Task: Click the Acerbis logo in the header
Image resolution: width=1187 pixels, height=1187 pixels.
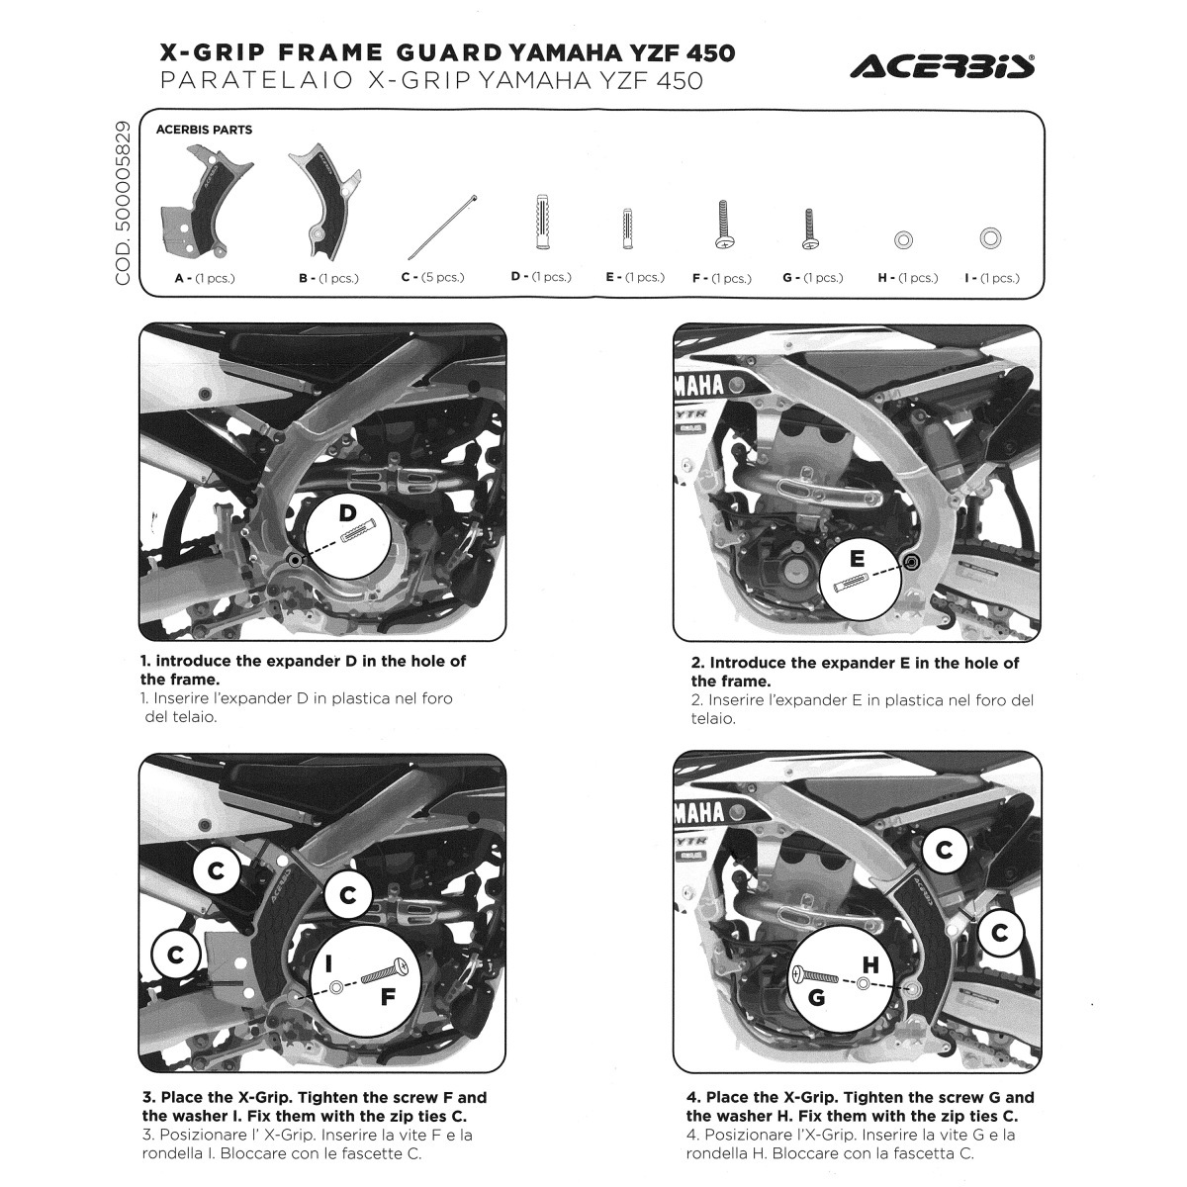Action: [942, 66]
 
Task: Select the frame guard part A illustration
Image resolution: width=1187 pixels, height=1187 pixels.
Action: [205, 203]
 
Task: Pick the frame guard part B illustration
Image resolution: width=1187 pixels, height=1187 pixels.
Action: [325, 203]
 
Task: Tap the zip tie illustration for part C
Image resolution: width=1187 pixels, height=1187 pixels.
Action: [442, 228]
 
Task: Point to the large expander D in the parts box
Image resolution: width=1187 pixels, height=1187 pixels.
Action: [542, 222]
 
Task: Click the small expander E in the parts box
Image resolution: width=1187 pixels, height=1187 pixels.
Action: [628, 228]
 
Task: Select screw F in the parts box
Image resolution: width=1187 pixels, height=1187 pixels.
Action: [724, 225]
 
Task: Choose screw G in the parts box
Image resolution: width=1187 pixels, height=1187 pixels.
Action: [810, 229]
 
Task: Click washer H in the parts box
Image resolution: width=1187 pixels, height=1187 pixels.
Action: [903, 239]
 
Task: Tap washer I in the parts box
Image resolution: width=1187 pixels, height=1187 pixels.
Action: [990, 237]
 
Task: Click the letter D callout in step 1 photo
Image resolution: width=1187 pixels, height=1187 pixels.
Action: [348, 512]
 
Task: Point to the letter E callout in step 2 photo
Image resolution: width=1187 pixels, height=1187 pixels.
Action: [857, 558]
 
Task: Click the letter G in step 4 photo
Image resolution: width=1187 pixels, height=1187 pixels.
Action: [816, 997]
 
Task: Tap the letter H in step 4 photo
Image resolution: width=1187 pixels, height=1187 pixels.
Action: [870, 965]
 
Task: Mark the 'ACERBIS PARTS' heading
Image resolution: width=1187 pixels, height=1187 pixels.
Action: [204, 130]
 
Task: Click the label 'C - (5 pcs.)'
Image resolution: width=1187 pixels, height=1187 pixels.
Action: [432, 277]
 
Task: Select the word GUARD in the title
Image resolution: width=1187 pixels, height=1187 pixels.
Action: [449, 53]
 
